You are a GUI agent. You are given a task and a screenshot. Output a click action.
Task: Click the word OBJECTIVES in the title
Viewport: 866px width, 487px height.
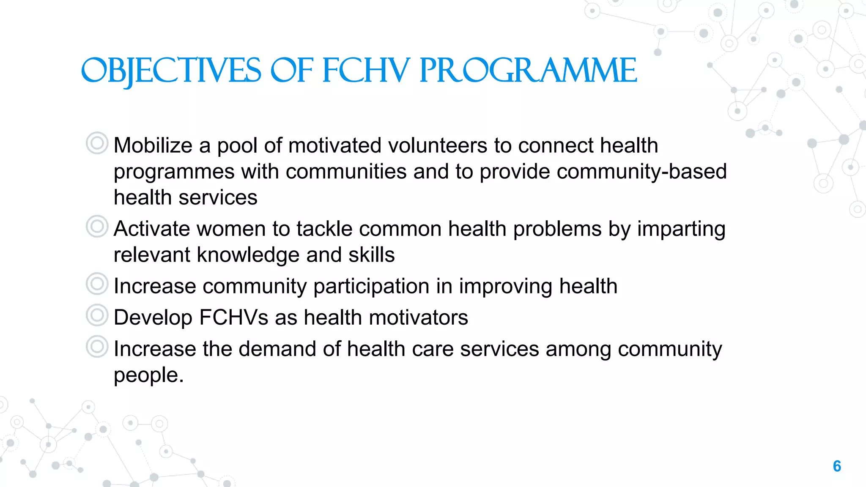(x=171, y=71)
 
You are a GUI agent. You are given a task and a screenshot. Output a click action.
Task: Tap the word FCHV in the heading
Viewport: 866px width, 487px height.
(x=366, y=71)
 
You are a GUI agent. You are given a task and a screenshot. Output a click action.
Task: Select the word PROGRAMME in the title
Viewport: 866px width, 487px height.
(x=528, y=71)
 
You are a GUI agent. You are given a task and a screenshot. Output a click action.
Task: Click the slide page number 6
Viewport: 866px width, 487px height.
(x=837, y=466)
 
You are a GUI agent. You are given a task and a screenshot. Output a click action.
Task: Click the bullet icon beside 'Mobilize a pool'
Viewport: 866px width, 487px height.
(x=97, y=143)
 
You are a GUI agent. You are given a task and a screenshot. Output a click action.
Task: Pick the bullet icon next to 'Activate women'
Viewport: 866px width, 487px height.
(x=97, y=226)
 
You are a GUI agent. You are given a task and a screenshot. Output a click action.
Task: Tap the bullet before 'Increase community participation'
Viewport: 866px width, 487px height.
(x=97, y=284)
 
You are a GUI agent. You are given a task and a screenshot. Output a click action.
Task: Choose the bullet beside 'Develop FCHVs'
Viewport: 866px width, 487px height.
(x=97, y=315)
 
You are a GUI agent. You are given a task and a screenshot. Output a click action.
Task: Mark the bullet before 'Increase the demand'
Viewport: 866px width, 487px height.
(x=97, y=347)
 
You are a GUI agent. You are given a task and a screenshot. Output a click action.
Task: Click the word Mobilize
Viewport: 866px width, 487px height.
(x=153, y=145)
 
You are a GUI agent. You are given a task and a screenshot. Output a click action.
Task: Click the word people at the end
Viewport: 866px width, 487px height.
(x=146, y=375)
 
